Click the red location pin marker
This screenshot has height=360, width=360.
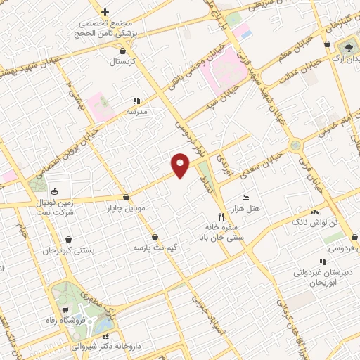[181, 165]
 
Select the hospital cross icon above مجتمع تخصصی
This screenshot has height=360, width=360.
[105, 12]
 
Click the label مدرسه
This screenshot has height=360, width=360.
[136, 111]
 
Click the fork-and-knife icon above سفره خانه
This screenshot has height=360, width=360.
[220, 217]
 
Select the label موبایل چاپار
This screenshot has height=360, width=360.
[125, 208]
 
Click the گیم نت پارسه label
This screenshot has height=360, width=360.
[154, 248]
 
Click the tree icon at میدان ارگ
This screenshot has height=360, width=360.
[347, 46]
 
